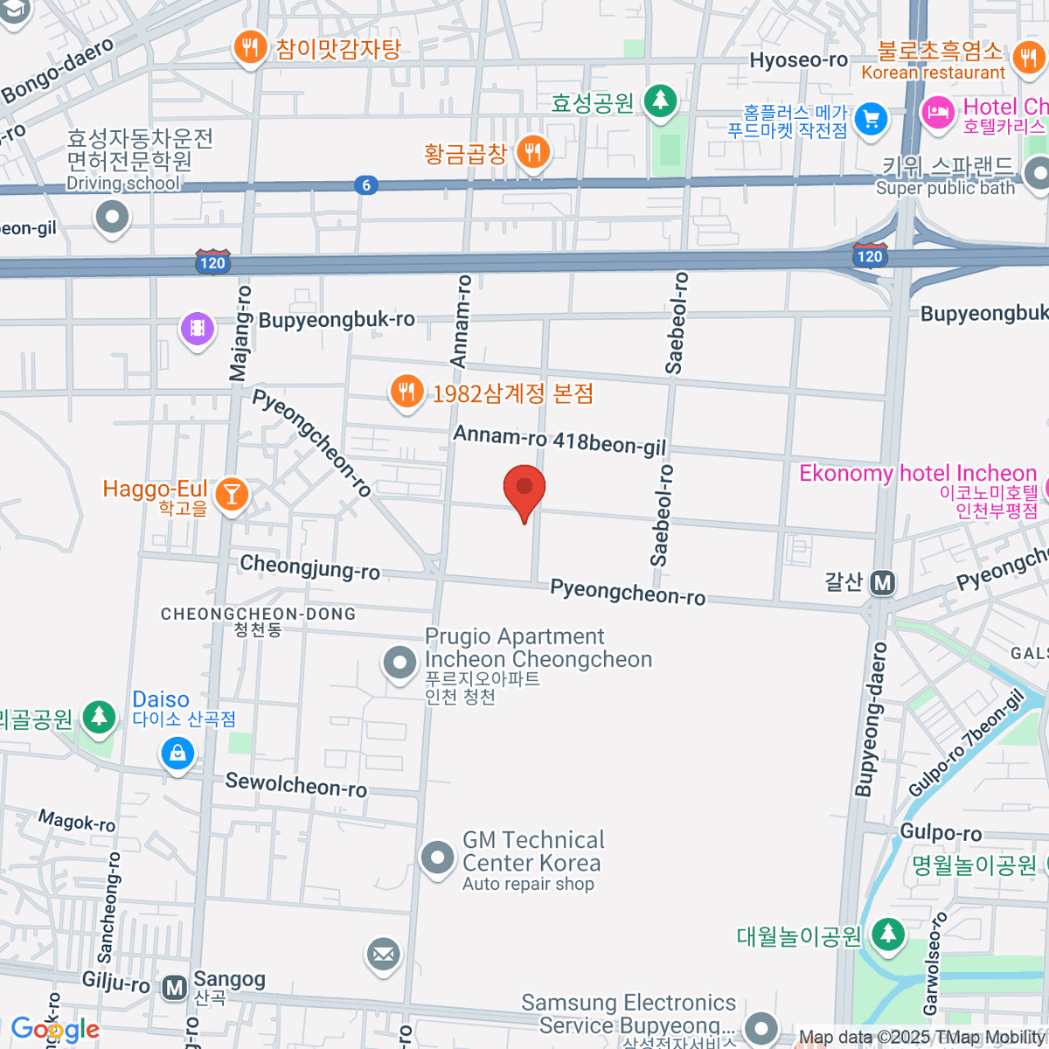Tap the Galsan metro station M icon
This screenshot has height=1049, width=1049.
[883, 582]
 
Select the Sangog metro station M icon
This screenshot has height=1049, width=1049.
[175, 988]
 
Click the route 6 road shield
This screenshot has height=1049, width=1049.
[366, 184]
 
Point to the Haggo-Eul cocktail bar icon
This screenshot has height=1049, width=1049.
[232, 495]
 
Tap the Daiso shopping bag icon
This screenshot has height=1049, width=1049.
[177, 753]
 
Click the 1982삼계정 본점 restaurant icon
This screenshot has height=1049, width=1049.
[406, 392]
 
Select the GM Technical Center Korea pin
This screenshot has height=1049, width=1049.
[437, 858]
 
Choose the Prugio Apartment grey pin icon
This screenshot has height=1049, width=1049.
[399, 663]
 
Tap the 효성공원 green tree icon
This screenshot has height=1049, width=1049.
[661, 101]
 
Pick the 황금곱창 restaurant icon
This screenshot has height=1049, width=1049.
[532, 152]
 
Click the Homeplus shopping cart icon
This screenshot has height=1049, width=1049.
[871, 119]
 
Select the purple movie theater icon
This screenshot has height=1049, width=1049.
[198, 329]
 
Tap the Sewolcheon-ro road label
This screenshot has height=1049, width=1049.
[295, 784]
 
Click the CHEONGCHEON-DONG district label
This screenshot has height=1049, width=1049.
[258, 614]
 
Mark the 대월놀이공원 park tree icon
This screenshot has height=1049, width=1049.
[888, 934]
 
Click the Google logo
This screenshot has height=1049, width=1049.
[55, 1029]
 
